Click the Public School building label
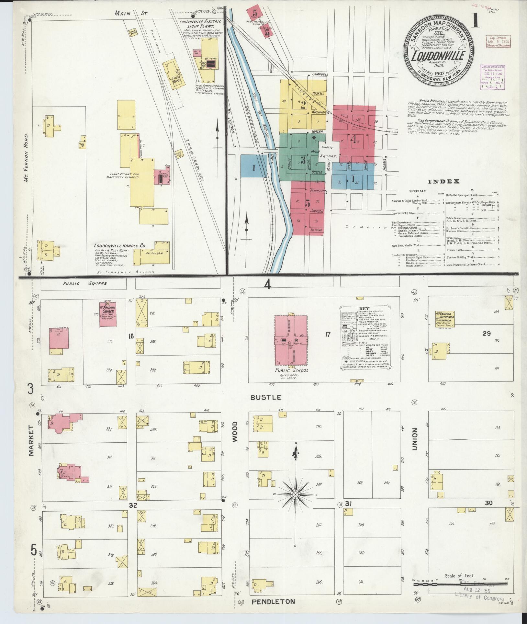pos(291,370)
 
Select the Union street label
pos(415,439)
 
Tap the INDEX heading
pos(444,182)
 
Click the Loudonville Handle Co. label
pos(120,245)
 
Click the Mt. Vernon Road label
pos(27,157)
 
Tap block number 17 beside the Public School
pos(328,334)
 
